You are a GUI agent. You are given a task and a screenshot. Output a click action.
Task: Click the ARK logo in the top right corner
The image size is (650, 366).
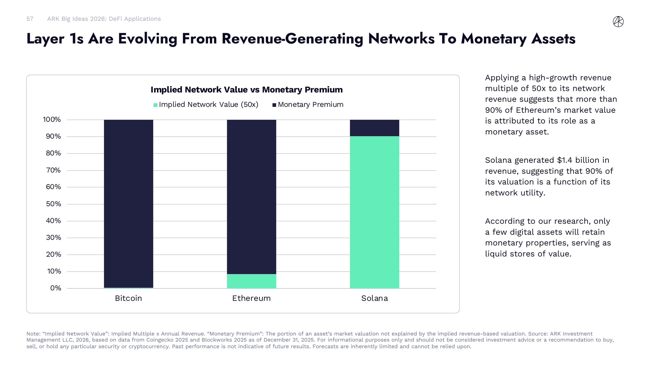pyautogui.click(x=618, y=21)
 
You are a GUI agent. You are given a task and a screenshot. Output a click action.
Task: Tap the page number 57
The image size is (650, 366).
pyautogui.click(x=30, y=19)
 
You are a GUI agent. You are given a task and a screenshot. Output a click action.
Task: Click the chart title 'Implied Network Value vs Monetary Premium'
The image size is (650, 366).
pyautogui.click(x=247, y=90)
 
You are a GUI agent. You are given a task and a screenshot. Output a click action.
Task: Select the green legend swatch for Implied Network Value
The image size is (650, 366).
pyautogui.click(x=155, y=105)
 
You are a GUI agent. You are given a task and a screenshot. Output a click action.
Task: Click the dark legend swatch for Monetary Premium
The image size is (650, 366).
pyautogui.click(x=274, y=105)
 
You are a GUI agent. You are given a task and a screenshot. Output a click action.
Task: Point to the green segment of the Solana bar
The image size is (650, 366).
pyautogui.click(x=374, y=212)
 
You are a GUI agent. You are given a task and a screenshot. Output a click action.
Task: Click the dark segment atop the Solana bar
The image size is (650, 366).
pyautogui.click(x=374, y=128)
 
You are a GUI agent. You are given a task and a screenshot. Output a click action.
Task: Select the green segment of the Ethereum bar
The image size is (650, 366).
pyautogui.click(x=251, y=281)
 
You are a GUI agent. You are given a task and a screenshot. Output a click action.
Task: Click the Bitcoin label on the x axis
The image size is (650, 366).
pyautogui.click(x=128, y=298)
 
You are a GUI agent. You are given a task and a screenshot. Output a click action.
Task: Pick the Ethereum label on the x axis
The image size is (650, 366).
pyautogui.click(x=251, y=298)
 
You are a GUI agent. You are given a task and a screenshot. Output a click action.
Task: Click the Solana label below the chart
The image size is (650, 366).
pyautogui.click(x=374, y=298)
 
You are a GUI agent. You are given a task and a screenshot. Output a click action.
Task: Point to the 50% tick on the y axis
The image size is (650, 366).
pyautogui.click(x=53, y=204)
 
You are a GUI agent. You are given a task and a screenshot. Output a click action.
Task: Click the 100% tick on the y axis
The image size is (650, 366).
pyautogui.click(x=52, y=120)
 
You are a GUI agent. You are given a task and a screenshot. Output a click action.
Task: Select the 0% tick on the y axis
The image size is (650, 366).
pyautogui.click(x=56, y=288)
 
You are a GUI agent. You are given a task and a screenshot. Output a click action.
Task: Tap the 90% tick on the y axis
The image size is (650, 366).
pyautogui.click(x=53, y=136)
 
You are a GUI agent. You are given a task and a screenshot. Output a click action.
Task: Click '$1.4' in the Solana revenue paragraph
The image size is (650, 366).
pyautogui.click(x=565, y=160)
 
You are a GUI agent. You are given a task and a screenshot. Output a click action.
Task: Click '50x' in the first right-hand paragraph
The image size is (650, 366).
pyautogui.click(x=539, y=88)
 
